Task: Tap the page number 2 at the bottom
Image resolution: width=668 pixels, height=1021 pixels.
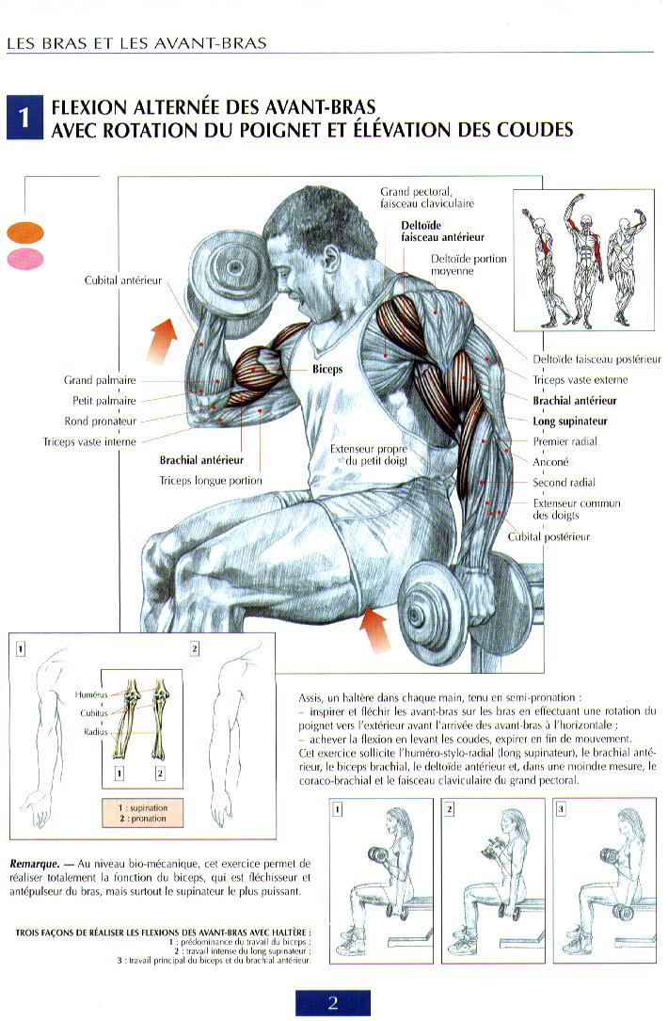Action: pos(333,1002)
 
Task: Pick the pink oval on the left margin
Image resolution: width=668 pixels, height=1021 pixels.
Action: pos(25,259)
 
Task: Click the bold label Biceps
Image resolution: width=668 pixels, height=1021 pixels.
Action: pos(327,370)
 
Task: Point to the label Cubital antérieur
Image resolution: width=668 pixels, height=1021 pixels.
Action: pos(123,280)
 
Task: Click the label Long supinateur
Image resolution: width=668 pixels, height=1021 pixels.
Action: pos(570,422)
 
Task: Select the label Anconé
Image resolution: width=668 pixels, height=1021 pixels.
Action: pos(551,462)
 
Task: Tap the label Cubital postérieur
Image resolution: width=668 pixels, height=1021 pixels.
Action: pos(549,536)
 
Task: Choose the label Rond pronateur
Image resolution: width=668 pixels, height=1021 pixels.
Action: pos(101,422)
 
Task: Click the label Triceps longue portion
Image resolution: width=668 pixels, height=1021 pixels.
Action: pos(211,481)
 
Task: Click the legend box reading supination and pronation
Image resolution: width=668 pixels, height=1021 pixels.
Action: pos(141,813)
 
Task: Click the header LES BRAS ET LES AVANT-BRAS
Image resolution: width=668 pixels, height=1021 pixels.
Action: pos(136,43)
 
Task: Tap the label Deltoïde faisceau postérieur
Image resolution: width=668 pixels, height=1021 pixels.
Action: pos(596,359)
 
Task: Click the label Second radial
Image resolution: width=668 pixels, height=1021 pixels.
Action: pos(564,483)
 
